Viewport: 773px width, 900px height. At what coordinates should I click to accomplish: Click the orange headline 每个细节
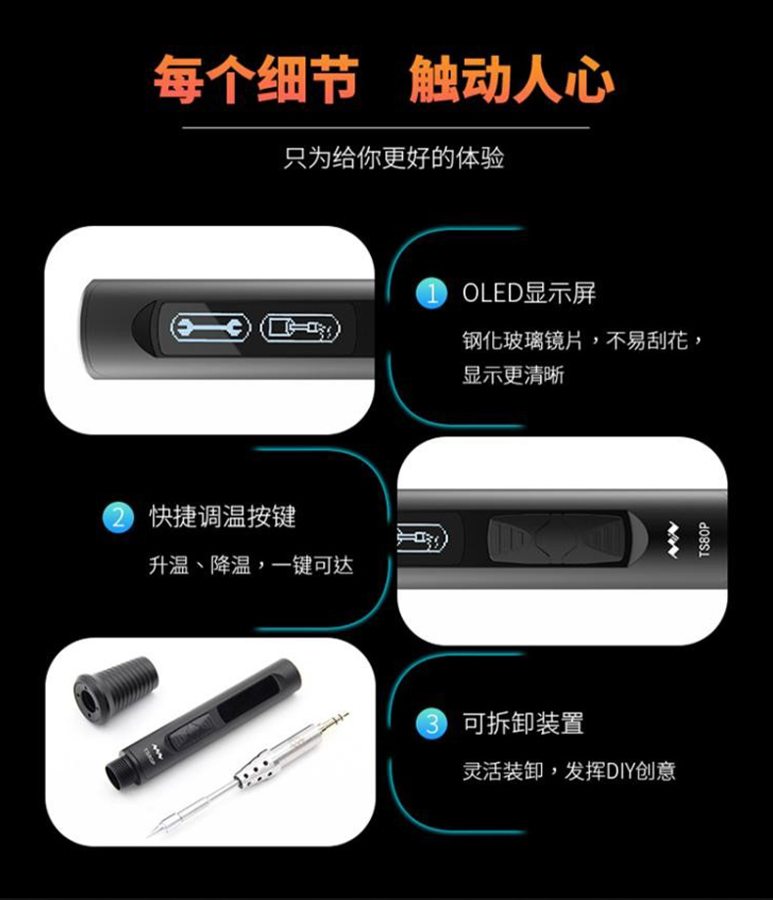coord(256,80)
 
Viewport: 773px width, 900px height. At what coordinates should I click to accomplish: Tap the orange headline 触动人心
coord(512,80)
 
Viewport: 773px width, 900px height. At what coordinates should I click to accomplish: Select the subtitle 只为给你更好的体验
coord(394,157)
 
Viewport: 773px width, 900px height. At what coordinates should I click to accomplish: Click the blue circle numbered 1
coord(432,293)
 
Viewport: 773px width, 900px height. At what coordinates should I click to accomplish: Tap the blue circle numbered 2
coord(117,517)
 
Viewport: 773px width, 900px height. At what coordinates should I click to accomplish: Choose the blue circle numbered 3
coord(432,723)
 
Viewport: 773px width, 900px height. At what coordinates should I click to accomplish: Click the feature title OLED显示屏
coord(529,292)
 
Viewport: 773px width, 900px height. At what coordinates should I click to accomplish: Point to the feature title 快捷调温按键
coord(223,517)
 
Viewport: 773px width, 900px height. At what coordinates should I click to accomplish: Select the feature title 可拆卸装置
coord(523,723)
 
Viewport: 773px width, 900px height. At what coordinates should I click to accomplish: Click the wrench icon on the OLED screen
coord(210,328)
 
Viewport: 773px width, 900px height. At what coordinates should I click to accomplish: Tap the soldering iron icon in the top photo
coord(299,328)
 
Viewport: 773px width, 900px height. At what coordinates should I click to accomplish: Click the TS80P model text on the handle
coord(705,540)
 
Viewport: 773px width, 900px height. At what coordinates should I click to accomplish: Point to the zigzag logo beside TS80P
coord(672,540)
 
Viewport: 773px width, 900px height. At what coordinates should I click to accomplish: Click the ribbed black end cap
coord(115,686)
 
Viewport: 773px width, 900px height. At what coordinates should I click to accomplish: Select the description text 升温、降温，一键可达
coord(250,565)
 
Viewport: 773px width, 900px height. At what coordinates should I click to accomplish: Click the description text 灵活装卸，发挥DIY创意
coord(569,771)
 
